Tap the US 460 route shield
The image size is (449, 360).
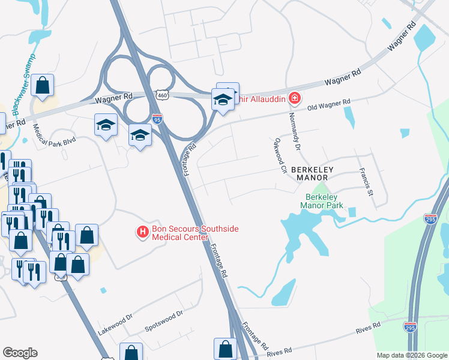(160, 95)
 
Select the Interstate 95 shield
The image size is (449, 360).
(157, 119)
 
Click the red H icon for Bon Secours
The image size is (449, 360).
(143, 231)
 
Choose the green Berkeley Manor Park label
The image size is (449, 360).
(324, 201)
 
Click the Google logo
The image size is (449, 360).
(20, 353)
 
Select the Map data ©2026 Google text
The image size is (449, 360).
(411, 355)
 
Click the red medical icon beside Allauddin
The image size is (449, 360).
(294, 97)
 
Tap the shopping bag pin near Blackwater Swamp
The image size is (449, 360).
(43, 86)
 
